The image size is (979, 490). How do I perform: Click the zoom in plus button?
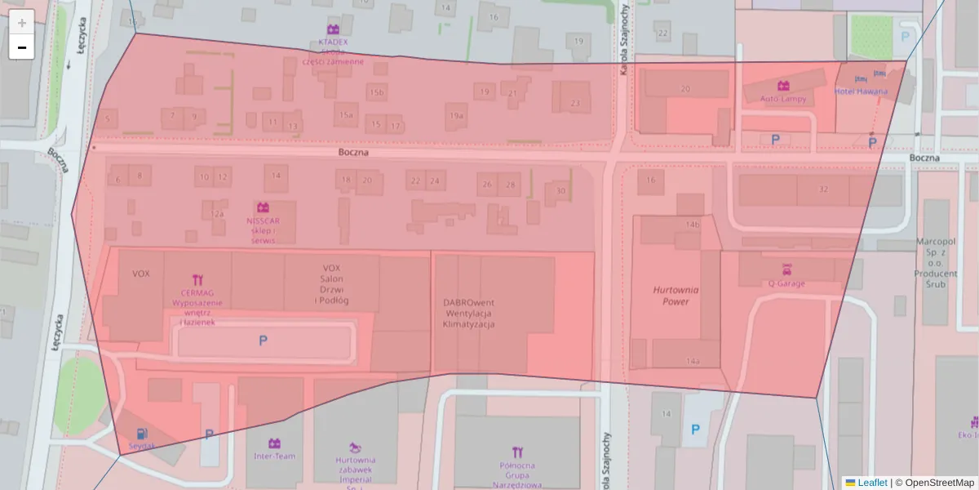click(22, 23)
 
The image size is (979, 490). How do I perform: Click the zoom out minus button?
click(22, 47)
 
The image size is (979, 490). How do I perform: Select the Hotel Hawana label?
click(861, 91)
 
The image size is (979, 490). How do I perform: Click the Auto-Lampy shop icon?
click(783, 86)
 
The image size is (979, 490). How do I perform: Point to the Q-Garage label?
click(786, 284)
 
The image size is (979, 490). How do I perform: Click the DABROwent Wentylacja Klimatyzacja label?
click(469, 313)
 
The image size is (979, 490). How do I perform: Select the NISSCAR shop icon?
click(263, 207)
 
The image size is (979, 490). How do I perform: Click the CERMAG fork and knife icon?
click(197, 280)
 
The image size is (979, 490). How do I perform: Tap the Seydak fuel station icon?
click(143, 434)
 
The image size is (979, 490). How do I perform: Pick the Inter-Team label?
click(274, 456)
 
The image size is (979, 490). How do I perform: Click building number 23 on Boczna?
click(575, 104)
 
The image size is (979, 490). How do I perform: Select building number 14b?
click(693, 224)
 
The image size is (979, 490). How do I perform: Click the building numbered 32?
click(822, 189)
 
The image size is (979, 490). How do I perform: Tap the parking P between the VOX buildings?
click(263, 341)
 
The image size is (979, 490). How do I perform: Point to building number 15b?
click(376, 93)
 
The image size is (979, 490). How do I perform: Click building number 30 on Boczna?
click(560, 191)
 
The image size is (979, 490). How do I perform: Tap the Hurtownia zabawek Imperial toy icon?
click(355, 447)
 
